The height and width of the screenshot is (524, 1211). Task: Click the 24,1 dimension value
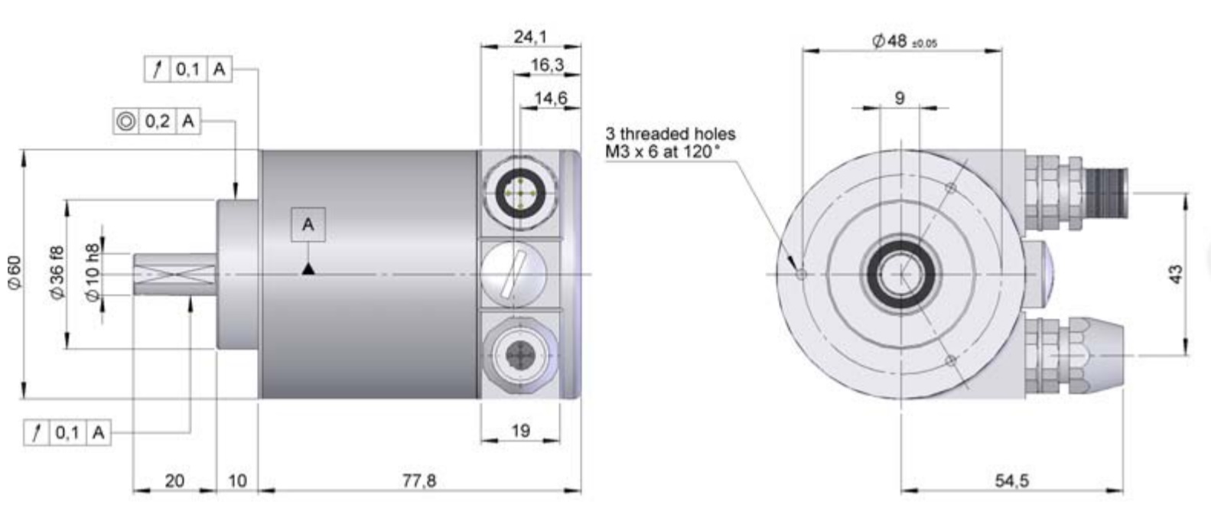click(530, 37)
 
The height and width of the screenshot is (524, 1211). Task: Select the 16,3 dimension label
click(546, 65)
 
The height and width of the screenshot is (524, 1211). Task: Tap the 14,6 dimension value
click(550, 98)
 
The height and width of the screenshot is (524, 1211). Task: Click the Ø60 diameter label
click(15, 272)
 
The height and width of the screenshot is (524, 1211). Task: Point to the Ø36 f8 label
click(57, 273)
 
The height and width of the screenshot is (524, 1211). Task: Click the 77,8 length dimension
click(419, 480)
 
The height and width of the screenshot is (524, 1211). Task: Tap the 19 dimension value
click(520, 431)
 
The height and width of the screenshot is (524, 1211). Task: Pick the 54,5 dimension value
click(1012, 480)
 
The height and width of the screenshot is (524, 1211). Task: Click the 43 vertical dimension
click(1177, 274)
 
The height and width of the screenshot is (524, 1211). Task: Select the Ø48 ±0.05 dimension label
click(903, 41)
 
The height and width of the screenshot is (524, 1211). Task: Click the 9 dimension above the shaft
click(900, 98)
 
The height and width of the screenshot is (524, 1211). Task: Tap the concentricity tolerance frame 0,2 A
click(156, 121)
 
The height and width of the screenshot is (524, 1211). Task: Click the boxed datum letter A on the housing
click(308, 225)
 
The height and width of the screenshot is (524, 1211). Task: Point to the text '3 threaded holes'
click(669, 134)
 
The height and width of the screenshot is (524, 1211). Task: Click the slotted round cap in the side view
click(514, 274)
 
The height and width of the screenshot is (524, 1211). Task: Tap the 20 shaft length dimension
click(174, 480)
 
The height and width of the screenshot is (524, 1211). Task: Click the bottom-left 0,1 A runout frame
click(67, 433)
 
